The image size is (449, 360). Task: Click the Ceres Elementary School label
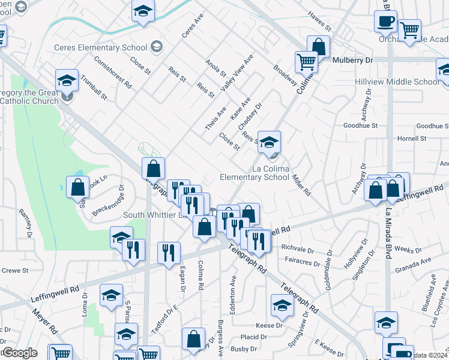click(x=100, y=47)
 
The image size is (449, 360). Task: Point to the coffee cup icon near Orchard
click(x=385, y=22)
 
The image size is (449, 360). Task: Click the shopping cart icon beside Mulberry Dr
click(x=306, y=61)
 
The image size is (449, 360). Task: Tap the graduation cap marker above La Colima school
click(x=270, y=142)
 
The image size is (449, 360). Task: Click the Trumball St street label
click(x=94, y=88)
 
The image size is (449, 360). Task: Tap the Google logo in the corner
click(x=20, y=353)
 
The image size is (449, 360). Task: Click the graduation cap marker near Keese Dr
click(x=282, y=305)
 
